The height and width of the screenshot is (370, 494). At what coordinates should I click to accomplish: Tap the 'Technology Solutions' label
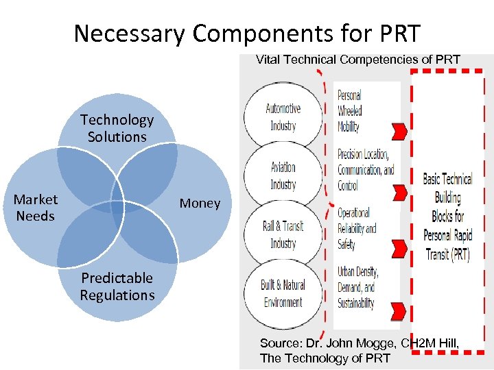point(117,128)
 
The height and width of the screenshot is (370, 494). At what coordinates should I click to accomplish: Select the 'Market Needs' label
point(36,208)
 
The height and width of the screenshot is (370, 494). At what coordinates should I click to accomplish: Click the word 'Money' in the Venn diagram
point(200,203)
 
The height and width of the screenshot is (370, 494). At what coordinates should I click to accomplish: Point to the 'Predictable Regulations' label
point(117,286)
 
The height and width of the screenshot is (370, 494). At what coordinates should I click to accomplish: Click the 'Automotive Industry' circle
point(283,116)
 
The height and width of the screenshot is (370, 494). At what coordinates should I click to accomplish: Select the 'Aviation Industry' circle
point(283,176)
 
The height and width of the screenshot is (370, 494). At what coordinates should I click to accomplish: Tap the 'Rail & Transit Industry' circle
point(283,234)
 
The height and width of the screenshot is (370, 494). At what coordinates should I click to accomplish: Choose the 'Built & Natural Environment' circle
point(283,293)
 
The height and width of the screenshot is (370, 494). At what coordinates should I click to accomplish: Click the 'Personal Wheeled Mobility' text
point(350,111)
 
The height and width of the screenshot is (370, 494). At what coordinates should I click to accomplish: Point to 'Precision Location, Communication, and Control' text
point(366,170)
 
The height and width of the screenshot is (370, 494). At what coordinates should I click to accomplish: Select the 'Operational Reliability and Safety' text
point(357,228)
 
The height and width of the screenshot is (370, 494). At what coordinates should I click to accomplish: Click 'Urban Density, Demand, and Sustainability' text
point(357,287)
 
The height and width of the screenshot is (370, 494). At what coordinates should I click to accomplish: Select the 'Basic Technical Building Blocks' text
point(447,216)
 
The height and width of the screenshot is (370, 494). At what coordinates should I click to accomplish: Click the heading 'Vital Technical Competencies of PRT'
point(357,60)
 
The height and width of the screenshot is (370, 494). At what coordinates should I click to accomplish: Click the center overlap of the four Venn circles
point(117,208)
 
